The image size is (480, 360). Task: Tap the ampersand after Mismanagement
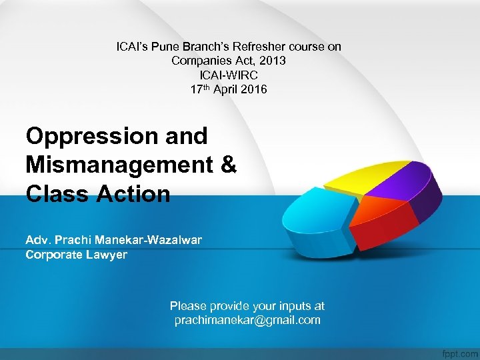coord(227,165)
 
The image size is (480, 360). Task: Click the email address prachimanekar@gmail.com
coord(247,320)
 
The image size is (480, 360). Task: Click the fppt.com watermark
coord(459,351)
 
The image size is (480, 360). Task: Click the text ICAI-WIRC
coord(229,75)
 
